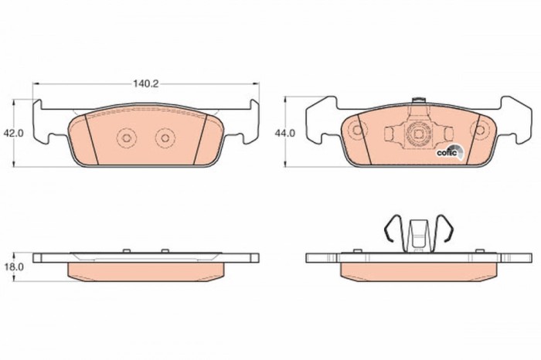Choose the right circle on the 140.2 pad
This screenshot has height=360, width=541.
pos(164,138)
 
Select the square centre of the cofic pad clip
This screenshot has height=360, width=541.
pos(418,134)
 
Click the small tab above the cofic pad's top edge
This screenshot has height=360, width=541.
pos(420,100)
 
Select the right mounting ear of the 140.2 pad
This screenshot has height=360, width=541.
pos(247,124)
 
